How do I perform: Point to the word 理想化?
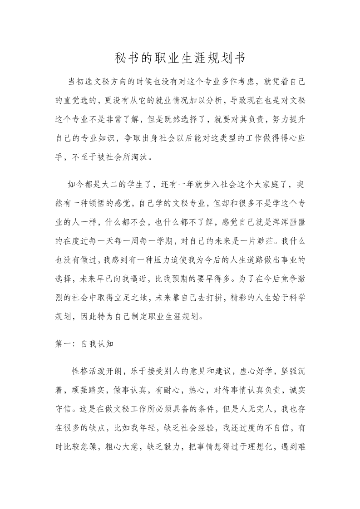(262, 447)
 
